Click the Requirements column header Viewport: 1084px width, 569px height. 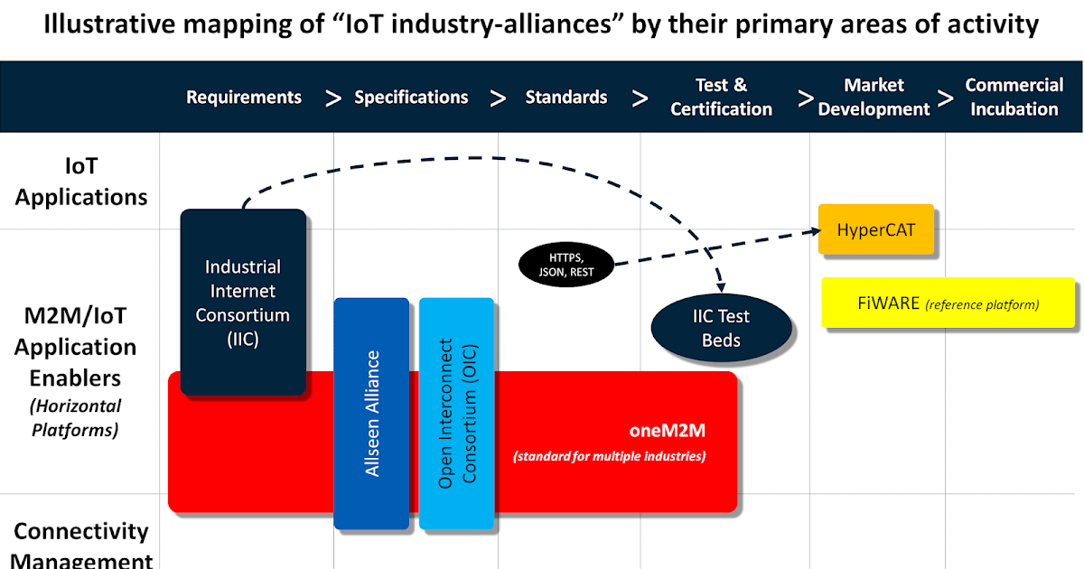[244, 98]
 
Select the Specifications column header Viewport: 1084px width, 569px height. [411, 98]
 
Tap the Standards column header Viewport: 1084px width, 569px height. [566, 98]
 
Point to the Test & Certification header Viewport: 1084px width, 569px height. [721, 98]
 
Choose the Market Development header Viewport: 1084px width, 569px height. [874, 98]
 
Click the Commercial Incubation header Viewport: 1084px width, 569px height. [1014, 98]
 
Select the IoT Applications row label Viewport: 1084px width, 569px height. [81, 182]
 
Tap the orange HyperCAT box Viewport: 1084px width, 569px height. [875, 229]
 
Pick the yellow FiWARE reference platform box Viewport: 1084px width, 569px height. [948, 303]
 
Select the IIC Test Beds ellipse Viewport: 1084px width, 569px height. [721, 329]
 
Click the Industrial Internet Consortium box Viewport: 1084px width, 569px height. [243, 303]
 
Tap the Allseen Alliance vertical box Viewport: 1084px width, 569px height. [371, 413]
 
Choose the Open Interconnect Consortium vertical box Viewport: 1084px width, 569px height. [456, 413]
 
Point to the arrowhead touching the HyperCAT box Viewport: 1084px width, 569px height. [810, 232]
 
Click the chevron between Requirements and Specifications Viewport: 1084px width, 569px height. [333, 98]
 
